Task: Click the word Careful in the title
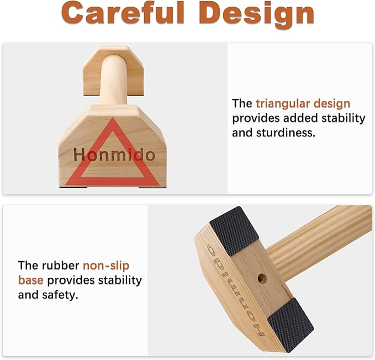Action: point(123,13)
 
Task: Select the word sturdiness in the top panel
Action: point(286,133)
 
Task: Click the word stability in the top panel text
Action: point(343,119)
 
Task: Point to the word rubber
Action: point(60,266)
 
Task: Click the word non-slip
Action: point(106,266)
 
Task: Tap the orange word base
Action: point(30,280)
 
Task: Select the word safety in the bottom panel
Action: point(60,295)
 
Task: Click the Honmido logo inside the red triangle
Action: point(114,155)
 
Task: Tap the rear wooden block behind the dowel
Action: point(113,71)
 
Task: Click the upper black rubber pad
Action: point(234,231)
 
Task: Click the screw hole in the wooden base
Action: point(262,278)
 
